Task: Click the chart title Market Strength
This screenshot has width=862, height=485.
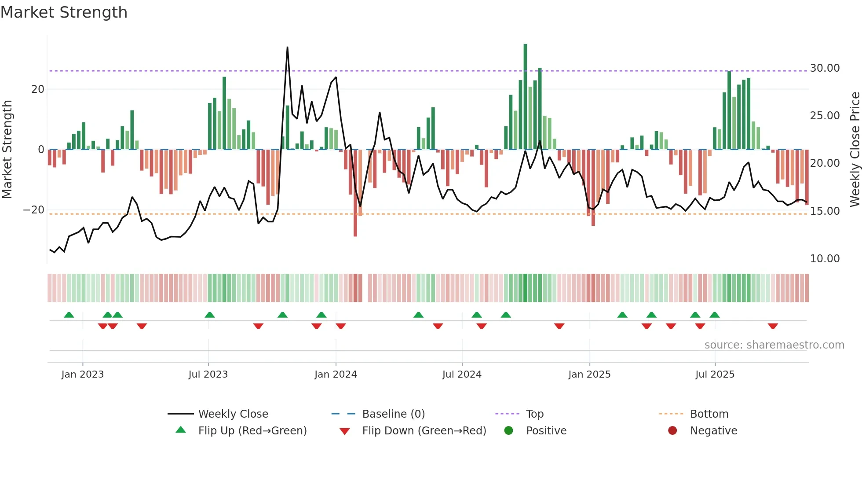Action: [x=64, y=12]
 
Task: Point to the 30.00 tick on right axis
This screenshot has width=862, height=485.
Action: [x=825, y=68]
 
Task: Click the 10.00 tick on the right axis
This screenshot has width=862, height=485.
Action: [x=825, y=259]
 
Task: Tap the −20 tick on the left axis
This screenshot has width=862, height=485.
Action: [x=34, y=210]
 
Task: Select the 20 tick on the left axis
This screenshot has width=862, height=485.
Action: [x=38, y=89]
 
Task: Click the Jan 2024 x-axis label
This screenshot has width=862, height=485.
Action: [x=336, y=375]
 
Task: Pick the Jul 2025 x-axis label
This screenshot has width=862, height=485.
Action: [x=715, y=375]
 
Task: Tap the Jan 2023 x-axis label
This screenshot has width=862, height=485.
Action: [x=83, y=375]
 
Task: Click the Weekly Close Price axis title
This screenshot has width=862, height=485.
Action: [x=855, y=150]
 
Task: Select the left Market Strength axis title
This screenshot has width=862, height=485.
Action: [x=7, y=150]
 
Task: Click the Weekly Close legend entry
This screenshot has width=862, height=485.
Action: [x=233, y=414]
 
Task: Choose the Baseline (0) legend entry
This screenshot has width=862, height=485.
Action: [x=393, y=414]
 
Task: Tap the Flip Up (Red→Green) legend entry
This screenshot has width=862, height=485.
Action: [x=252, y=431]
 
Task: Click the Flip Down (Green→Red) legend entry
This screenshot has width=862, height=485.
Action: [x=424, y=431]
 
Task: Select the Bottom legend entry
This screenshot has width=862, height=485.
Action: [x=709, y=414]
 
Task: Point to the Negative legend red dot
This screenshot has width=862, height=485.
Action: [x=672, y=431]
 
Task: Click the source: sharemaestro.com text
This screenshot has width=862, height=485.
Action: [x=774, y=345]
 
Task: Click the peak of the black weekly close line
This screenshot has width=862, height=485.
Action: [x=287, y=48]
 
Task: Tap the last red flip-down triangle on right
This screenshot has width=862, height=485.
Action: [x=773, y=326]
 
